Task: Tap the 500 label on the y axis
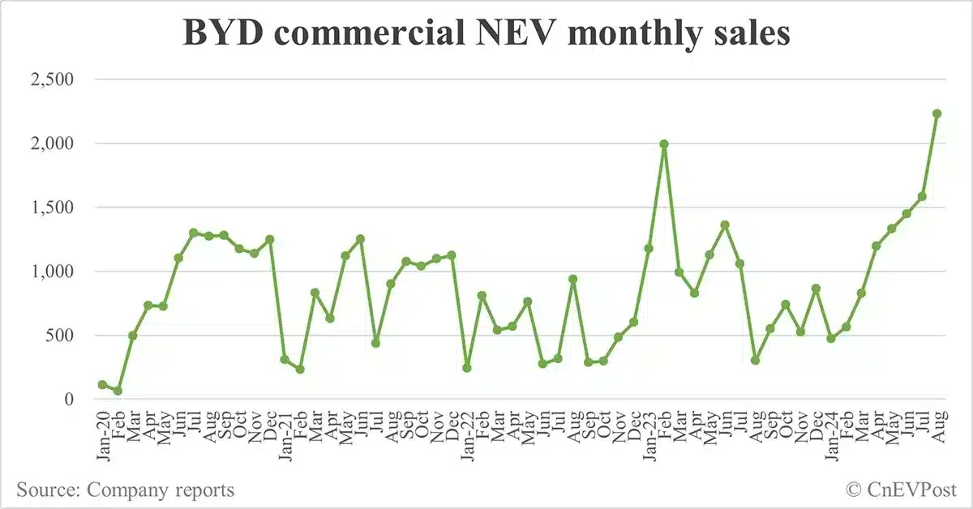click(62, 336)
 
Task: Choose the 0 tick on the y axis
click(69, 400)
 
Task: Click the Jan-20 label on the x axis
click(102, 434)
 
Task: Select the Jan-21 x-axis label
click(285, 434)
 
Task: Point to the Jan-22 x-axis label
click(466, 434)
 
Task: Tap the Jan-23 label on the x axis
click(649, 434)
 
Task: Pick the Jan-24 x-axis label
click(830, 434)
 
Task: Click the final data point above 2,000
click(937, 113)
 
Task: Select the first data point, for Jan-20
click(102, 384)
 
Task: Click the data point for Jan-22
click(466, 368)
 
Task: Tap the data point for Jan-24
click(830, 338)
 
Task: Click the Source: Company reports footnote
click(125, 490)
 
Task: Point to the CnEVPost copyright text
click(901, 490)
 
